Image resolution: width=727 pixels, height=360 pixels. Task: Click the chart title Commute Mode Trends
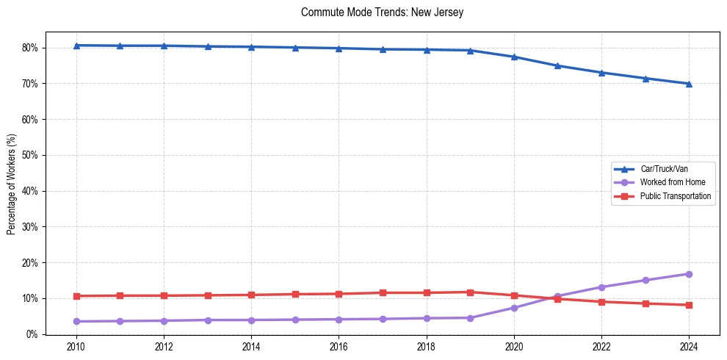coord(372,12)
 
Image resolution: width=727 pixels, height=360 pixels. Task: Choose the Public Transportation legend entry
coord(676,196)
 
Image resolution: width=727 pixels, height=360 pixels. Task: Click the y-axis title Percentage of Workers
coord(11,183)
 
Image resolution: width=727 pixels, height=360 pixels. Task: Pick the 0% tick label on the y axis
coord(32,334)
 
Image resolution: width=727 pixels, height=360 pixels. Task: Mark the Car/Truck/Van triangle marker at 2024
coord(689,84)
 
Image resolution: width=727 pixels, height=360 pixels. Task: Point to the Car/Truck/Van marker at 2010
coord(76,46)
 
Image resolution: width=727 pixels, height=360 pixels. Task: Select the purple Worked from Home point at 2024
coord(689,274)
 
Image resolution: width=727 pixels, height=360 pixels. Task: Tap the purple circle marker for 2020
coord(514,308)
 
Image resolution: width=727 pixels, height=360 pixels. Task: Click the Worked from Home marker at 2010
coord(76,321)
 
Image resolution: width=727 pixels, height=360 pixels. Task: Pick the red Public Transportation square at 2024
coord(689,305)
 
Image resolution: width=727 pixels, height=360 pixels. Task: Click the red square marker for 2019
coord(470,292)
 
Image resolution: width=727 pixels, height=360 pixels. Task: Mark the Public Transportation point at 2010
coord(76,296)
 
